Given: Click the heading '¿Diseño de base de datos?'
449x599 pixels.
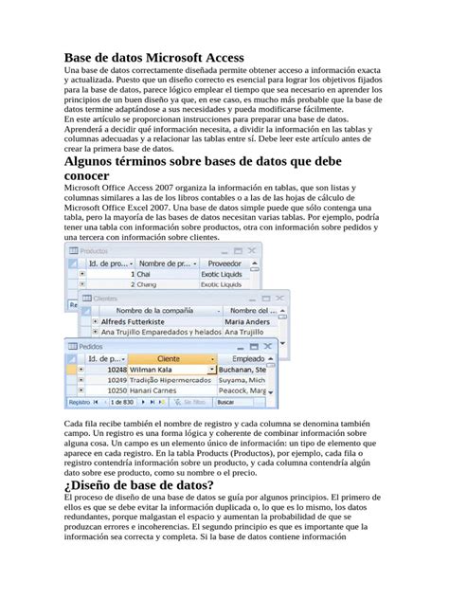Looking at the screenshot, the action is (138, 485).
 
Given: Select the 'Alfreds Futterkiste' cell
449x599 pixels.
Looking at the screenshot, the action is (139, 322).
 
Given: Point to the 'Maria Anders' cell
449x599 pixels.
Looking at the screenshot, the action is (245, 322).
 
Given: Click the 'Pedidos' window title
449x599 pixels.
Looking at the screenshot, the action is (92, 347).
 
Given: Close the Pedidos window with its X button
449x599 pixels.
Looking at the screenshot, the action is (271, 347).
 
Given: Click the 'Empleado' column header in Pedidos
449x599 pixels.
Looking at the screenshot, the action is (247, 359).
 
